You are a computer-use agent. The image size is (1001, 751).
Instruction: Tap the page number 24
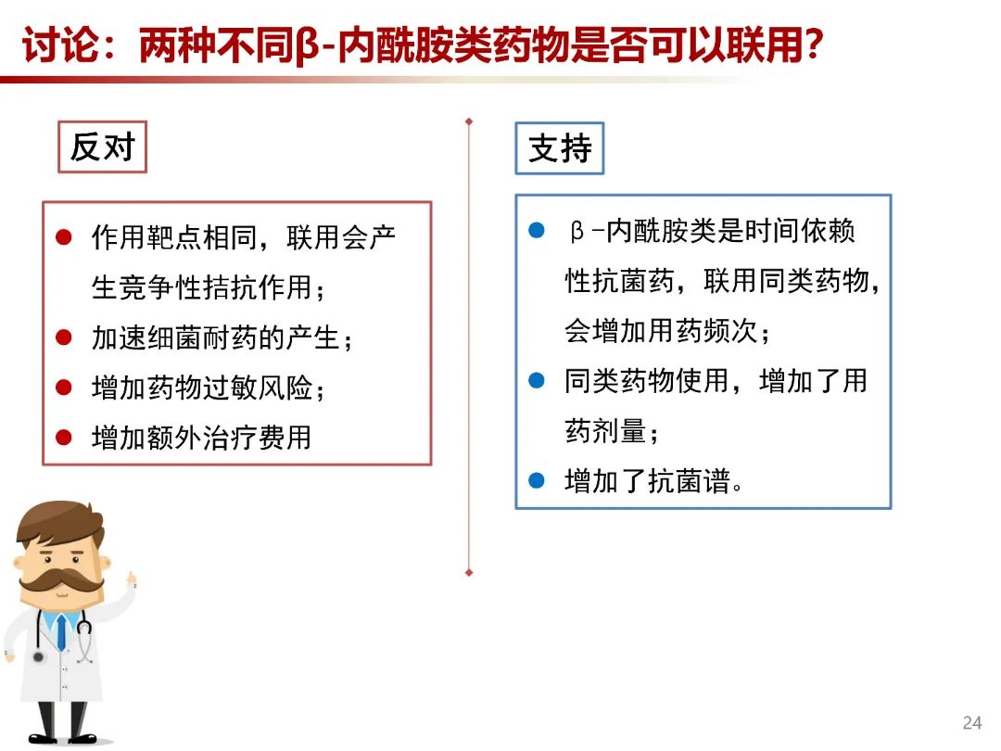[x=971, y=723]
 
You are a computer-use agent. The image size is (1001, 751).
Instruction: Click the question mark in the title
[x=814, y=45]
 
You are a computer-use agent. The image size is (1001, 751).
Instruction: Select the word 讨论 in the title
[x=61, y=45]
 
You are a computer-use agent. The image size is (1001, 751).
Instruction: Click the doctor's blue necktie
[x=61, y=631]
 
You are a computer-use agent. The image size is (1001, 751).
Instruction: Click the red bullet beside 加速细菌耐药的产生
[x=64, y=337]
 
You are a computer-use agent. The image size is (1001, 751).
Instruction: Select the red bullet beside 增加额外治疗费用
[x=64, y=438]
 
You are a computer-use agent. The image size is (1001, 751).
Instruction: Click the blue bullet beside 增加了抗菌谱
[x=537, y=480]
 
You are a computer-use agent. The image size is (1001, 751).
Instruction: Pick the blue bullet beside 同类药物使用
[x=537, y=381]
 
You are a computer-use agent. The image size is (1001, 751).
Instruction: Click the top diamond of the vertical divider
[x=469, y=121]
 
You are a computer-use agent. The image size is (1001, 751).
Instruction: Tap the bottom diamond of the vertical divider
[x=469, y=573]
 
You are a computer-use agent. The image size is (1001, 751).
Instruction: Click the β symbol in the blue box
[x=577, y=231]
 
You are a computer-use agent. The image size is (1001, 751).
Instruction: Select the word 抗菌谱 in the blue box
[x=688, y=481]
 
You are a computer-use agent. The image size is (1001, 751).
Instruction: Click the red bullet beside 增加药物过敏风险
[x=64, y=387]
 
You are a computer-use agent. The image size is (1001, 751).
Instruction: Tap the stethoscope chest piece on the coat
[x=38, y=656]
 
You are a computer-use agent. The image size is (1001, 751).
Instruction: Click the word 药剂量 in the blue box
[x=605, y=431]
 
